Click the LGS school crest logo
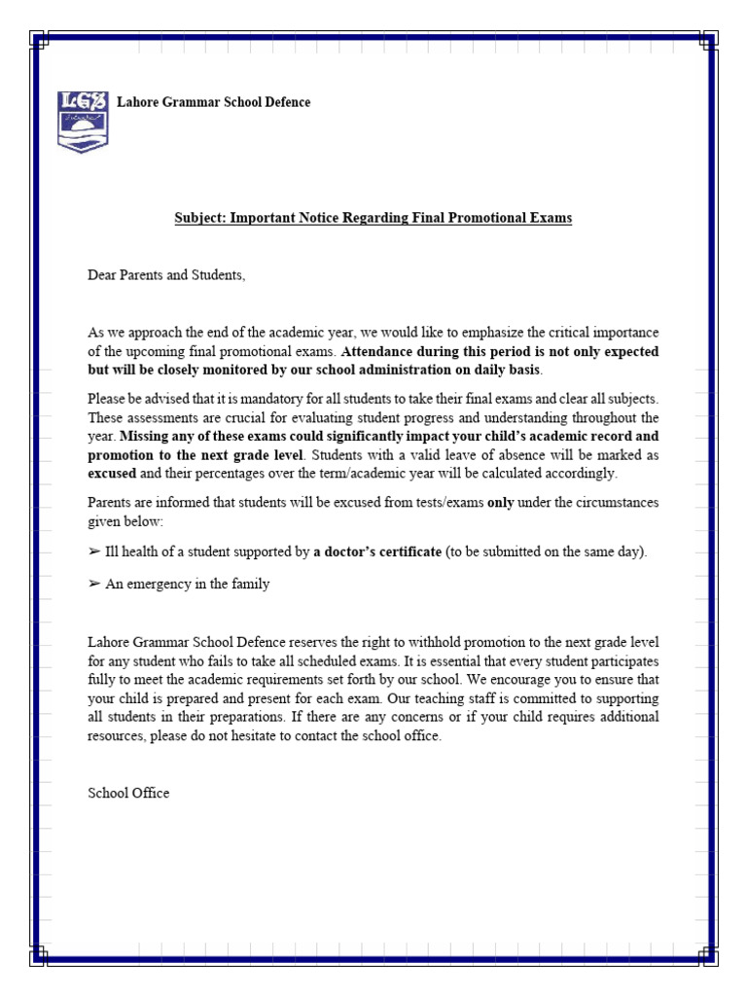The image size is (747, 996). [x=84, y=120]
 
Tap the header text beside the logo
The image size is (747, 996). [x=214, y=103]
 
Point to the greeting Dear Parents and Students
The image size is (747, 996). [x=166, y=276]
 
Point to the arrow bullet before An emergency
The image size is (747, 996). [x=94, y=585]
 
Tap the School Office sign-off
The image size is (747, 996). [x=128, y=793]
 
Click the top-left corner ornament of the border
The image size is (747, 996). [x=39, y=40]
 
